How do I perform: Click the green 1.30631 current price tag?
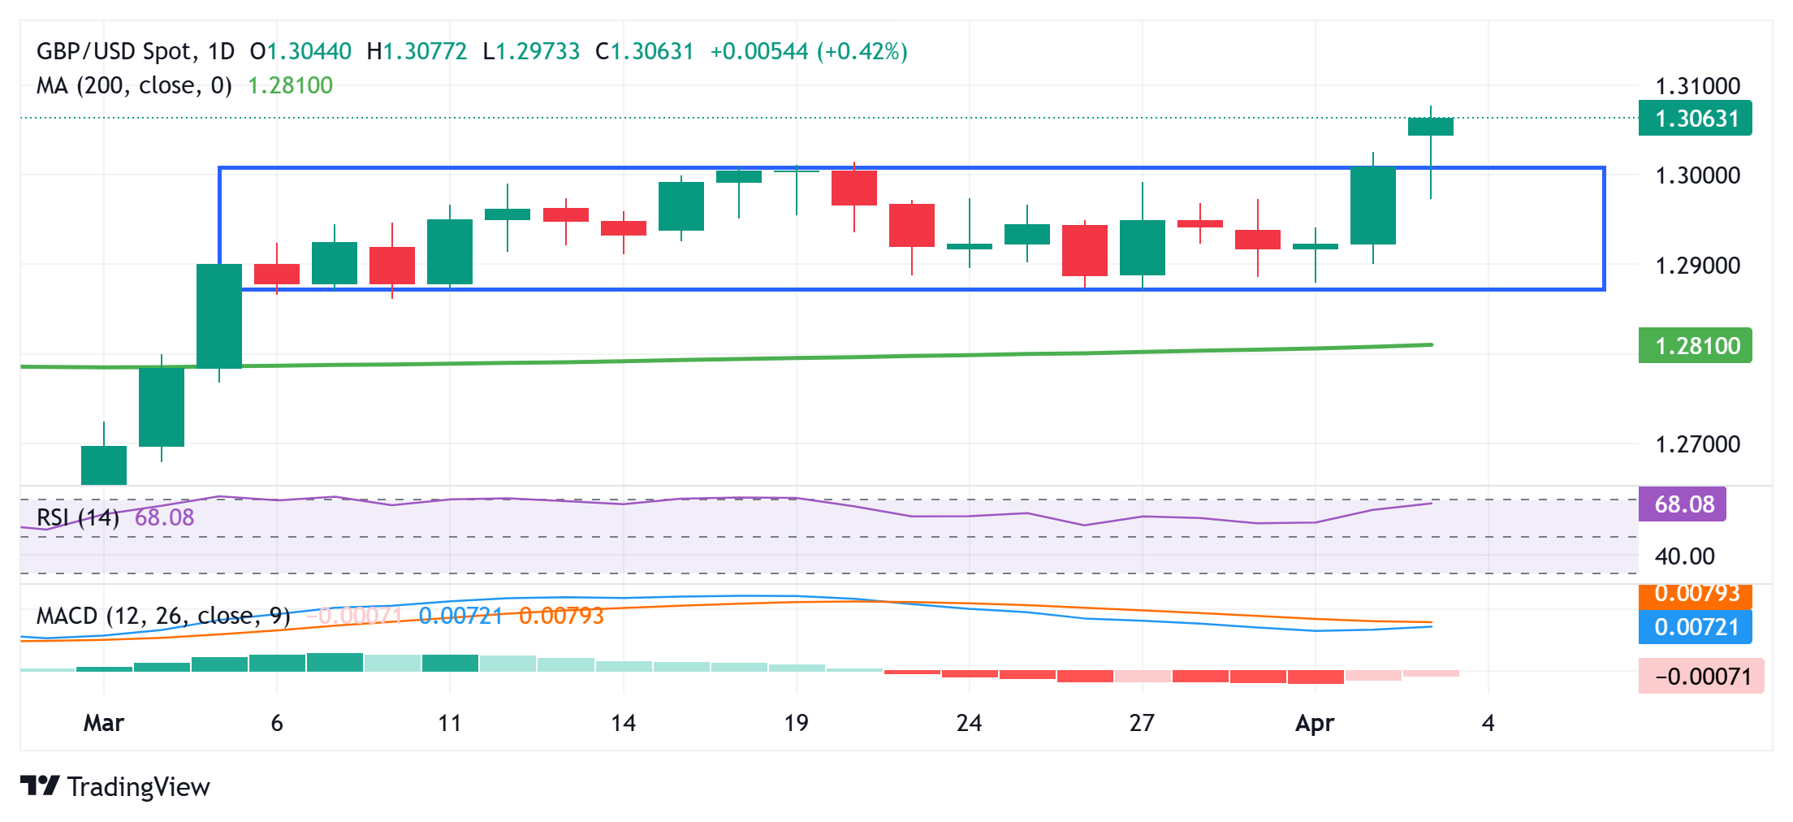[x=1695, y=119]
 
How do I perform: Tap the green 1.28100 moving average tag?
[x=1695, y=346]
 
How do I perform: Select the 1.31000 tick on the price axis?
[x=1697, y=86]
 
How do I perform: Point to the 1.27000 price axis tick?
[x=1697, y=444]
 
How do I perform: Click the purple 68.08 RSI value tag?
[x=1683, y=504]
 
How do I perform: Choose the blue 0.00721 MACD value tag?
[x=1695, y=627]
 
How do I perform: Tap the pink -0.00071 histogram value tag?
[x=1701, y=677]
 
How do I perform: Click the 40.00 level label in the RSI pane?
[x=1684, y=556]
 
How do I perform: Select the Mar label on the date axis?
[x=104, y=723]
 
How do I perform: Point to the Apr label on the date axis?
[x=1315, y=723]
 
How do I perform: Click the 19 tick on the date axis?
[x=796, y=723]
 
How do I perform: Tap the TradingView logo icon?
[x=40, y=786]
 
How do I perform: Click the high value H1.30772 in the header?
[x=417, y=52]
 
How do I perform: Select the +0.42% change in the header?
[x=862, y=52]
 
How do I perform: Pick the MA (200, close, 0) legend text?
[x=134, y=85]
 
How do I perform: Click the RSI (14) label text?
[x=78, y=517]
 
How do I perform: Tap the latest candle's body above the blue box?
[x=1430, y=127]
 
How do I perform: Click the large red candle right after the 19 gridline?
[x=853, y=188]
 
